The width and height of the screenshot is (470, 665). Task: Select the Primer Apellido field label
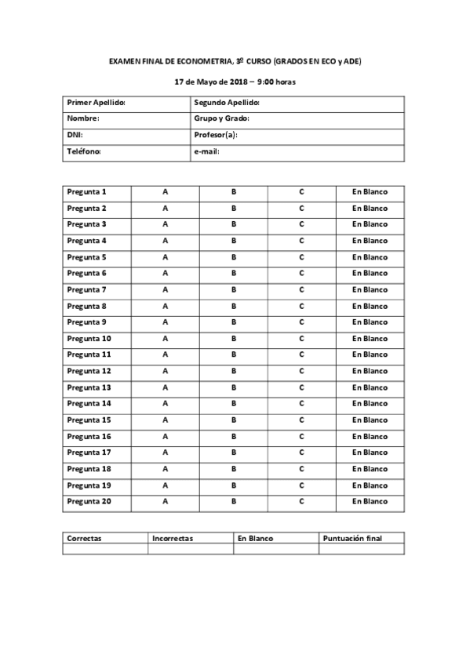[x=97, y=103]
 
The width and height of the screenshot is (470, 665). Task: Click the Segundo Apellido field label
[x=226, y=103]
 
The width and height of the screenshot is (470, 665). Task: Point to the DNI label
[x=75, y=135]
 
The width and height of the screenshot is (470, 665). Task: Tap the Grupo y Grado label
[x=221, y=118]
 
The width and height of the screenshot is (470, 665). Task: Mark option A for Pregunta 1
[x=165, y=192]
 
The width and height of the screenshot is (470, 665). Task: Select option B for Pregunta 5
[x=233, y=257]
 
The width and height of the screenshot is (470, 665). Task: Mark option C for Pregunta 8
[x=301, y=306]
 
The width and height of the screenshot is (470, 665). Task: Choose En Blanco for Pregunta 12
[x=370, y=371]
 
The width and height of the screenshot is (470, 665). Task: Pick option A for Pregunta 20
[x=165, y=501]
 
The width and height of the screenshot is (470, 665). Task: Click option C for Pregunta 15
[x=301, y=420]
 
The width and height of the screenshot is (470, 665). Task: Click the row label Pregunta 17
[x=89, y=452]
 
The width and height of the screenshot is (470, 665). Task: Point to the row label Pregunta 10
[x=89, y=339]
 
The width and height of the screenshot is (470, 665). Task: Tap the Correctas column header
[x=85, y=539]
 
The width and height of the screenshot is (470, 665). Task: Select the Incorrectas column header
[x=173, y=539]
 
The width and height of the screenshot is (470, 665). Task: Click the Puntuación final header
[x=352, y=539]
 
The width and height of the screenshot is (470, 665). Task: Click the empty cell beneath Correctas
[x=105, y=549]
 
